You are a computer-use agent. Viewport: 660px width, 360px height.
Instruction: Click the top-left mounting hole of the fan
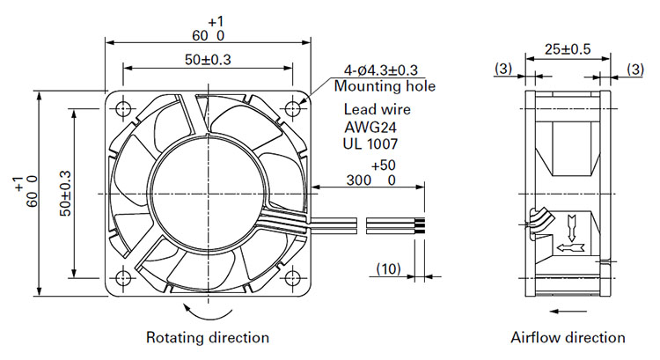[x=123, y=109]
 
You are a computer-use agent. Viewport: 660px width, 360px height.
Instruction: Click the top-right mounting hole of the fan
[x=292, y=109]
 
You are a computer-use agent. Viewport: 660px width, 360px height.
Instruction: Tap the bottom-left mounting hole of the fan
[x=123, y=278]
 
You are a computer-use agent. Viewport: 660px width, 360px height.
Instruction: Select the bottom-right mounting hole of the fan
[x=292, y=278]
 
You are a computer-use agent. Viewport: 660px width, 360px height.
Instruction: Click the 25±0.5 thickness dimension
[x=568, y=49]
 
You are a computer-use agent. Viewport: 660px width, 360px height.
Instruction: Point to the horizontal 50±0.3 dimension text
[x=208, y=60]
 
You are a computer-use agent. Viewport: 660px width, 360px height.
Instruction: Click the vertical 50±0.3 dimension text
[x=65, y=194]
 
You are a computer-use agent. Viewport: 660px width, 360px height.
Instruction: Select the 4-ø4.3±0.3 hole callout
[x=381, y=70]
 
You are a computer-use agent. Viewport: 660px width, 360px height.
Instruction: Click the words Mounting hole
[x=385, y=86]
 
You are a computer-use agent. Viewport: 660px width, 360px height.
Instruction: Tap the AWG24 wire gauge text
[x=370, y=127]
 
